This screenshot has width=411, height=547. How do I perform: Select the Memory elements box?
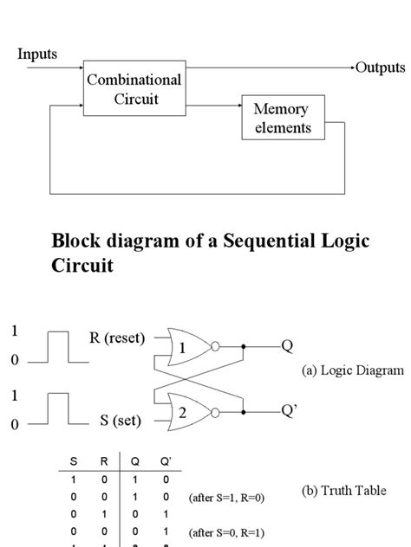pos(282,119)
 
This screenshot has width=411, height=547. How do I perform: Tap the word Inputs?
pos(36,54)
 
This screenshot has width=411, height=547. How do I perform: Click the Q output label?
pos(287,346)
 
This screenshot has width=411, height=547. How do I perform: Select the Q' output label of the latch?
pos(289,411)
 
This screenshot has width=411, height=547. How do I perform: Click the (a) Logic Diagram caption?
pos(353,370)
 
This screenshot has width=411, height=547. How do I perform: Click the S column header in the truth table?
pos(73,461)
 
